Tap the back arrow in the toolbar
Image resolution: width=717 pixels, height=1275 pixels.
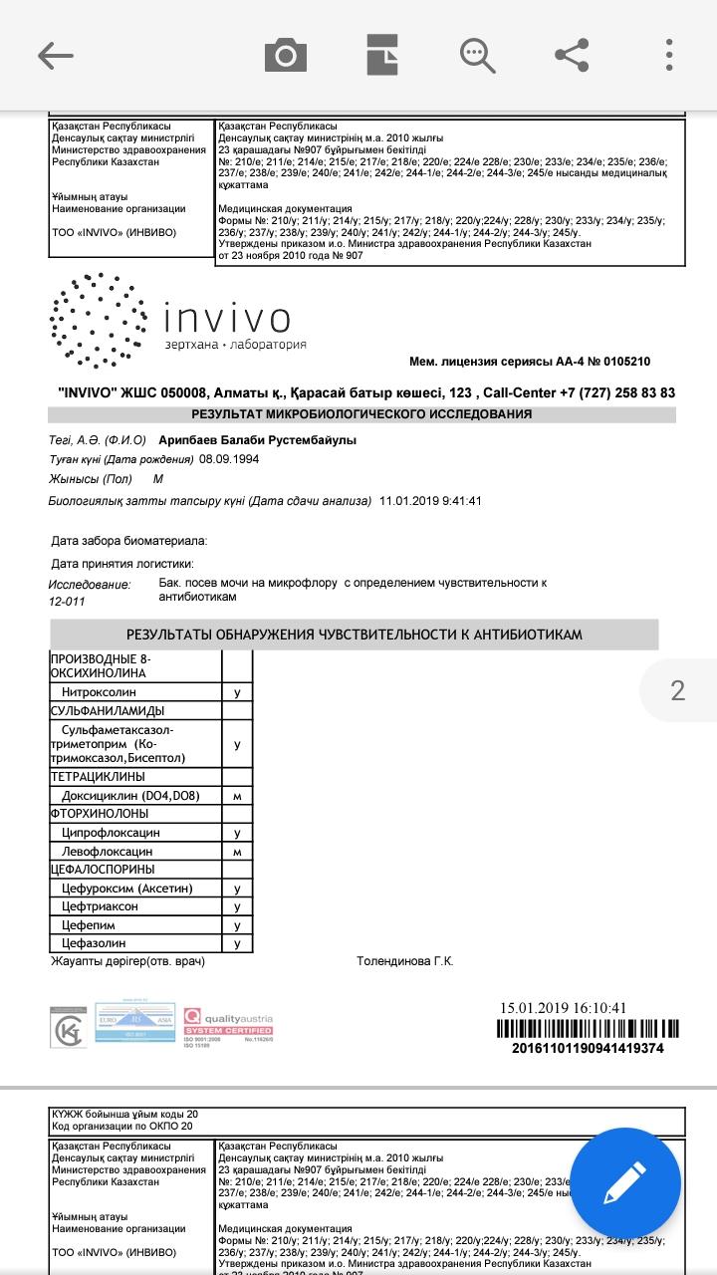pos(56,56)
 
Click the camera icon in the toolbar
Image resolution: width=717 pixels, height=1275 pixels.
pos(285,56)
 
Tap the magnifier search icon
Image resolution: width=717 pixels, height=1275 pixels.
pos(477,56)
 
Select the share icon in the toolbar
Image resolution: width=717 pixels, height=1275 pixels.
pos(572,56)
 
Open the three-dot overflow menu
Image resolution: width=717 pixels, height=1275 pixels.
pos(670,56)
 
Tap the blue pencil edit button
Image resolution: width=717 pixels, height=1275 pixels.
pos(625,1183)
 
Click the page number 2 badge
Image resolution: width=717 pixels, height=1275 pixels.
pos(678,690)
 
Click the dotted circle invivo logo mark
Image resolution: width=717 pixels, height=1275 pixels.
pos(98,320)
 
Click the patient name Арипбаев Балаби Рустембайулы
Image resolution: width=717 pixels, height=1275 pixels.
pos(254,440)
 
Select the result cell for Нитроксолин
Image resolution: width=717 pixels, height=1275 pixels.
pos(237,691)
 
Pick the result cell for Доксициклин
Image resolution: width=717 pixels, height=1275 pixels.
pos(237,796)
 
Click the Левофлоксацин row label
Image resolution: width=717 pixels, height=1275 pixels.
pos(107,852)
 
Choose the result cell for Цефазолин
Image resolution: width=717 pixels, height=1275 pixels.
pos(237,943)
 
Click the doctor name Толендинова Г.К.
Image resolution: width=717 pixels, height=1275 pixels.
pos(404,961)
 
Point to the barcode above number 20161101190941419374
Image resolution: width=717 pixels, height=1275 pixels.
pos(587,1029)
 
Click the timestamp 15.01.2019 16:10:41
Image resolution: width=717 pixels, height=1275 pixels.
pos(563,1008)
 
